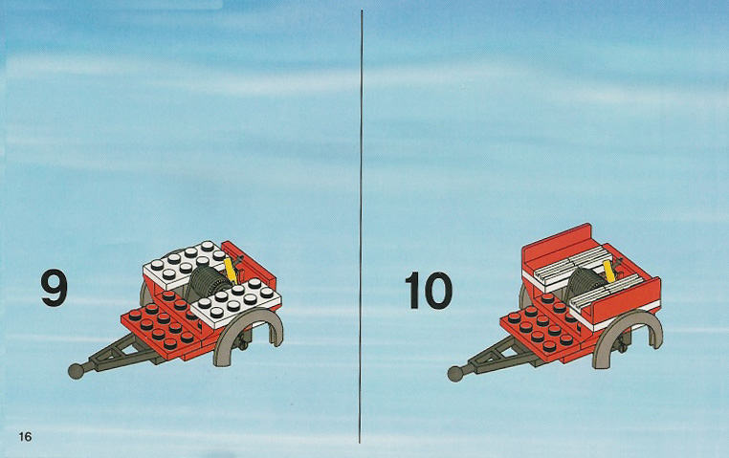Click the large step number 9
(54, 289)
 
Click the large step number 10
(428, 291)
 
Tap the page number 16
(25, 437)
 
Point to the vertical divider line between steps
(361, 227)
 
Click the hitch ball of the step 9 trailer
(76, 371)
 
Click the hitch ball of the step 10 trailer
(455, 374)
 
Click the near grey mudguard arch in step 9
(248, 333)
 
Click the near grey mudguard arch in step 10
(628, 336)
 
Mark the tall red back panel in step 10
(557, 244)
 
